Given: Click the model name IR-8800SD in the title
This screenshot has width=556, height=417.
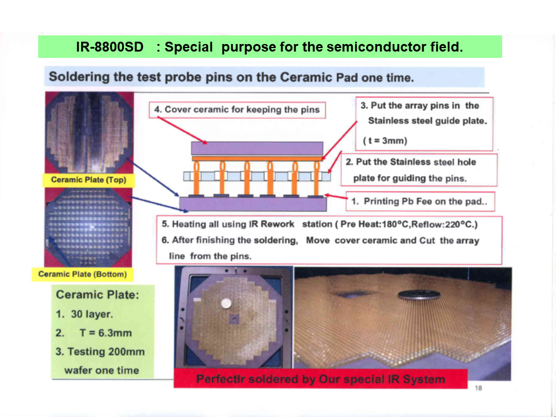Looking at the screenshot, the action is point(109,47).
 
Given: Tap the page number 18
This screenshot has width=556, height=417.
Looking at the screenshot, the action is point(478,388).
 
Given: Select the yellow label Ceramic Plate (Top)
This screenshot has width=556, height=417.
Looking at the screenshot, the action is point(89,180).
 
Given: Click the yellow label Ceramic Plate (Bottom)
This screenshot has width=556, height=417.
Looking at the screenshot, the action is point(83,274).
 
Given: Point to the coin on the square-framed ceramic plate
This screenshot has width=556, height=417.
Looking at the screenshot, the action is point(226,303).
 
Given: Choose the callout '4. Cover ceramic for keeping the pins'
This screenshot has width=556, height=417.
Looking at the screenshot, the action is point(237,110).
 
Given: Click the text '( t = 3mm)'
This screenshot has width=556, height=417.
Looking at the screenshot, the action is point(385,141).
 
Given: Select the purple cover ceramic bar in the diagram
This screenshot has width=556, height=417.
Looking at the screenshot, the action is point(257,148).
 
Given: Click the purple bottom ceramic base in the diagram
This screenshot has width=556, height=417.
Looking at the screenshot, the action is point(253,204).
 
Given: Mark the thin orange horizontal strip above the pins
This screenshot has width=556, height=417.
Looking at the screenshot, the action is point(257,159).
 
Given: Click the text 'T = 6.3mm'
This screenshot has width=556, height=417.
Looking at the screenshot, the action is point(105,333).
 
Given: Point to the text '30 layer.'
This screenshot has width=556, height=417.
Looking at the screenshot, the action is point(92,314).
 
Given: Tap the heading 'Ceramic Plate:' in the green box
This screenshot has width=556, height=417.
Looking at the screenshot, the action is point(97,295).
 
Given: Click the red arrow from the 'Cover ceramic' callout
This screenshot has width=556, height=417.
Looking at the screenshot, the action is point(182,130).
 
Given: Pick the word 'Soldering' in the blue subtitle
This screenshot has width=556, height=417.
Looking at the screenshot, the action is point(79,77).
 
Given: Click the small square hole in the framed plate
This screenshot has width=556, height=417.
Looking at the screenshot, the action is point(233,319).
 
